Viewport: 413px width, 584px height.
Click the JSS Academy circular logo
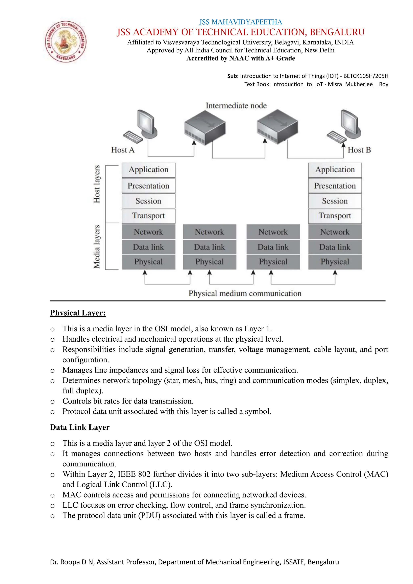(x=66, y=42)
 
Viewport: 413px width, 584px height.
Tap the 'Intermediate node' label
(x=236, y=105)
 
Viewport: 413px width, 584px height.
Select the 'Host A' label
(x=123, y=150)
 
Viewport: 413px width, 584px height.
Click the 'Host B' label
(x=359, y=150)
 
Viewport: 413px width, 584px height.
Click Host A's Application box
(x=148, y=170)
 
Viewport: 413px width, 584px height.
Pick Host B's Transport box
(x=335, y=216)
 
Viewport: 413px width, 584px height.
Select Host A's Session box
(x=148, y=201)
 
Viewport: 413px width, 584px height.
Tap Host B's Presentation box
(x=335, y=186)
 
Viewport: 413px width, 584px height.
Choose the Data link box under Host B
(x=335, y=247)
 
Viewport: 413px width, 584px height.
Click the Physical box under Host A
(x=148, y=262)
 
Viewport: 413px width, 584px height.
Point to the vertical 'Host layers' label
(x=97, y=184)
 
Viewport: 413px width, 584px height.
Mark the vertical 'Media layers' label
(x=97, y=246)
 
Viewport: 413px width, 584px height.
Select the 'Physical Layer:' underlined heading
(x=78, y=313)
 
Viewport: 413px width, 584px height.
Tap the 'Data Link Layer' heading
(x=80, y=427)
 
